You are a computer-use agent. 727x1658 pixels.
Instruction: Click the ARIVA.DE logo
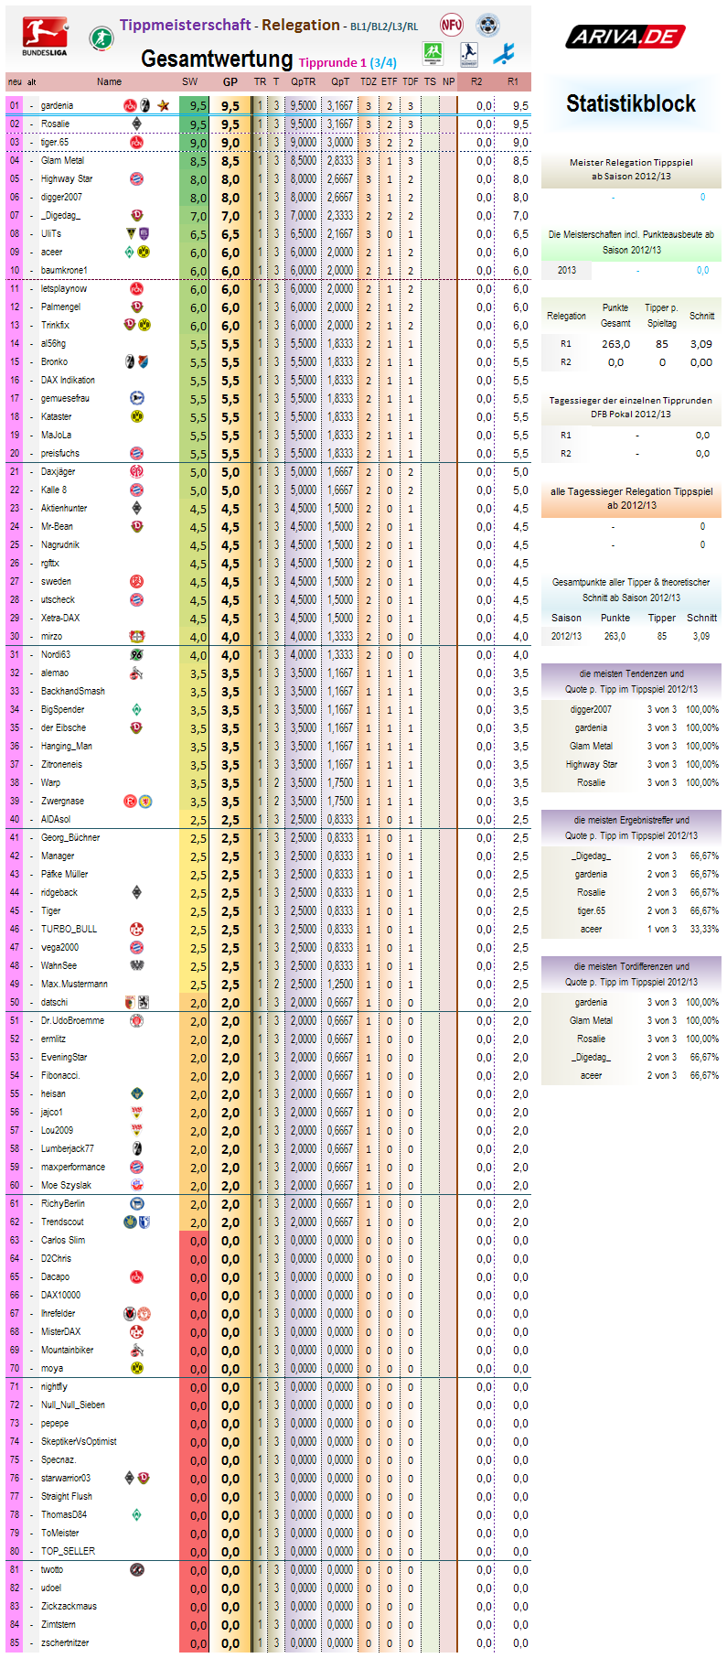625,37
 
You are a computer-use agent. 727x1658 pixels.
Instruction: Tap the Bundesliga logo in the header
45,37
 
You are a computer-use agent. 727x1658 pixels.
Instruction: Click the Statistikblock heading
630,103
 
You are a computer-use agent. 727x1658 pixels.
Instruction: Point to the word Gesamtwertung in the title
217,59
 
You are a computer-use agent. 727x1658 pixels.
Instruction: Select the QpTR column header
303,81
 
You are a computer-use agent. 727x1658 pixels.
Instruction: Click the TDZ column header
368,81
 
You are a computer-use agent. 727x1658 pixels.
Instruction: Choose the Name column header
109,81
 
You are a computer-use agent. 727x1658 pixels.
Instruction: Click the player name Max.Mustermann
74,984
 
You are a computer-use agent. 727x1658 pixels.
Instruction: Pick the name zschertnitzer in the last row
65,1642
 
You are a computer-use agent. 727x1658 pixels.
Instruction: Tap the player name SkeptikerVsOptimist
79,1441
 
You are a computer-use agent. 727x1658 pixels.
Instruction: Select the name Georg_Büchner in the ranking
70,837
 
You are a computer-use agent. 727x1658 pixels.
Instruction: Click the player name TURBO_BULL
69,929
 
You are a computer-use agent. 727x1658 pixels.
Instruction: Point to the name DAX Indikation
68,380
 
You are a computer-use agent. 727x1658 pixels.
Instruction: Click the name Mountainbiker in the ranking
67,1350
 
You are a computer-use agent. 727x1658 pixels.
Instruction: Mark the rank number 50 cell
15,1002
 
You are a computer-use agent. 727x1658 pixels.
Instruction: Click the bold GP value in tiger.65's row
230,143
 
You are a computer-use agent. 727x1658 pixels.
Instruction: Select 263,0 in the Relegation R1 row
615,344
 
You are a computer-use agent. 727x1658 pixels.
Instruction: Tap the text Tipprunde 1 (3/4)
347,62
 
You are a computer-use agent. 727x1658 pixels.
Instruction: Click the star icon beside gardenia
163,105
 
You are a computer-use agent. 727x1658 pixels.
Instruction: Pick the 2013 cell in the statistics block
566,270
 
